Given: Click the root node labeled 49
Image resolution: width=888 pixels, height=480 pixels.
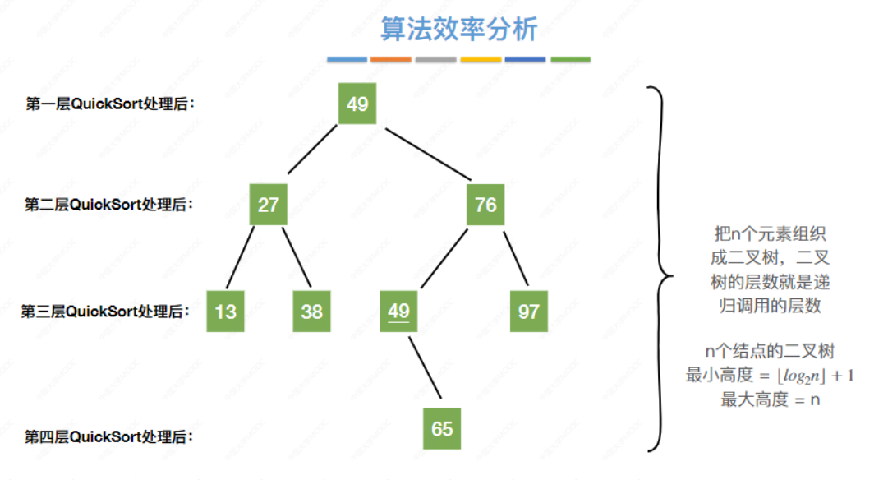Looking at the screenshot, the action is click(x=357, y=104).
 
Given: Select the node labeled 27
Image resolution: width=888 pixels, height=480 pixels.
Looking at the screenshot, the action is click(x=269, y=204).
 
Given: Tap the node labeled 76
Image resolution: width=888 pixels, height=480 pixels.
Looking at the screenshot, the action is click(x=485, y=204).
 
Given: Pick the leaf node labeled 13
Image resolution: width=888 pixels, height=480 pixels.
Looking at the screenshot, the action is click(x=225, y=312).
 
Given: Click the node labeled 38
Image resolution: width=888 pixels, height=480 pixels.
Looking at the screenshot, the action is click(x=311, y=312).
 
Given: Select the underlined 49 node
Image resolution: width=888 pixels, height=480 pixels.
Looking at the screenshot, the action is click(x=398, y=312).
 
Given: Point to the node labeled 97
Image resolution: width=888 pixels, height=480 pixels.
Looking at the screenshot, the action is click(x=528, y=312).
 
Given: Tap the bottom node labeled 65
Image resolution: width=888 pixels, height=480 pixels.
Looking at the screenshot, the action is click(x=442, y=429).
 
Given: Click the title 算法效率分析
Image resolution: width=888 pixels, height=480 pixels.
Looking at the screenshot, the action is click(x=458, y=30).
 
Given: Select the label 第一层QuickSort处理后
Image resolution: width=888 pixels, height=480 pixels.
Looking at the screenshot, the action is click(x=113, y=104).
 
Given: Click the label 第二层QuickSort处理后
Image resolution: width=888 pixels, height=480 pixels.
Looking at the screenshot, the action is click(x=110, y=205).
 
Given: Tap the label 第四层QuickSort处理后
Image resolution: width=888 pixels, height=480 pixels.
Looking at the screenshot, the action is click(x=110, y=436).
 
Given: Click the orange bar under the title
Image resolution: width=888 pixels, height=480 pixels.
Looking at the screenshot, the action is click(x=391, y=60).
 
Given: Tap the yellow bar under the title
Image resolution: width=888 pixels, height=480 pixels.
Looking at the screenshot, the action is click(x=481, y=60).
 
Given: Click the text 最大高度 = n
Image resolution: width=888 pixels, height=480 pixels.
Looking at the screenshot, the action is click(x=771, y=400).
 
